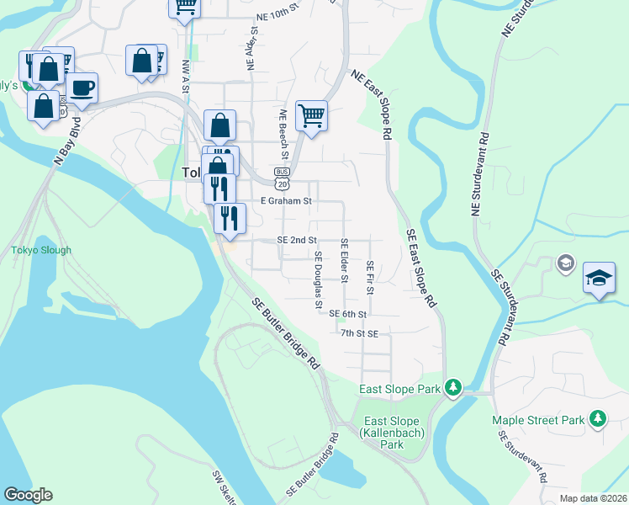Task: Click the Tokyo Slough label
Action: (41, 250)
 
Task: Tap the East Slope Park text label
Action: (400, 389)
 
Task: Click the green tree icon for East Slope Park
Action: (453, 387)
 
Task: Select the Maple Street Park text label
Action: (538, 419)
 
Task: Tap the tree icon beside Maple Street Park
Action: (597, 417)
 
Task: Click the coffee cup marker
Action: (82, 88)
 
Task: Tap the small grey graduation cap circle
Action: (564, 265)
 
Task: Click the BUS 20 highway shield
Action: (281, 176)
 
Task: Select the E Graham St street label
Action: (286, 201)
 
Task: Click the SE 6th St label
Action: (348, 314)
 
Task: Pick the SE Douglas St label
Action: (318, 279)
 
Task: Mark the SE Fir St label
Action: (369, 277)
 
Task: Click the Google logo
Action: (28, 495)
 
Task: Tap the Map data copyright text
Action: (593, 498)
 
